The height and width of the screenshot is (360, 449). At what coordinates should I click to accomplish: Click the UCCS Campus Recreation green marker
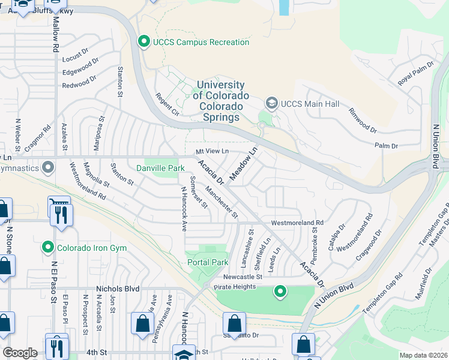[143, 42]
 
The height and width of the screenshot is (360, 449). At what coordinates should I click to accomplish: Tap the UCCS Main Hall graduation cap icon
[271, 104]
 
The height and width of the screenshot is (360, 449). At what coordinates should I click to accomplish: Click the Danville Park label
[160, 169]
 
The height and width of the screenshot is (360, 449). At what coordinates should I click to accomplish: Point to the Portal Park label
[208, 262]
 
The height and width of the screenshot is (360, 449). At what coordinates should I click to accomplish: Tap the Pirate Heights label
[234, 287]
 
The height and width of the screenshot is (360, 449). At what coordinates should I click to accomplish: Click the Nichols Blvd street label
[118, 289]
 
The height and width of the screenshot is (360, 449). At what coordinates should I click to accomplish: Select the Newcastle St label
[243, 277]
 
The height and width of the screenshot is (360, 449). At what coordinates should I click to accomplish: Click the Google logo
[20, 352]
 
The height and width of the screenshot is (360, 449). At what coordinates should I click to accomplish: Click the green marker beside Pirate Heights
[279, 292]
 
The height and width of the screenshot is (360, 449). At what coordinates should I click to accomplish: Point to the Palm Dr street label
[387, 146]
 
